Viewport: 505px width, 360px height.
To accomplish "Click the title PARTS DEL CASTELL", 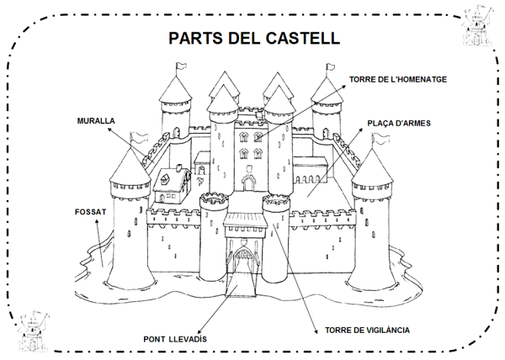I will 253,38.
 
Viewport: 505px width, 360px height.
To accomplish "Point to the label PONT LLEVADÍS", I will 176,338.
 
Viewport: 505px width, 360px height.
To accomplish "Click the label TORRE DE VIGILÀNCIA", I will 367,329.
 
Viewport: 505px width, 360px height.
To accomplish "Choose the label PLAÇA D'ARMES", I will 399,123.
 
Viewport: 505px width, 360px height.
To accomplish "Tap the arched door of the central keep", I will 249,180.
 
